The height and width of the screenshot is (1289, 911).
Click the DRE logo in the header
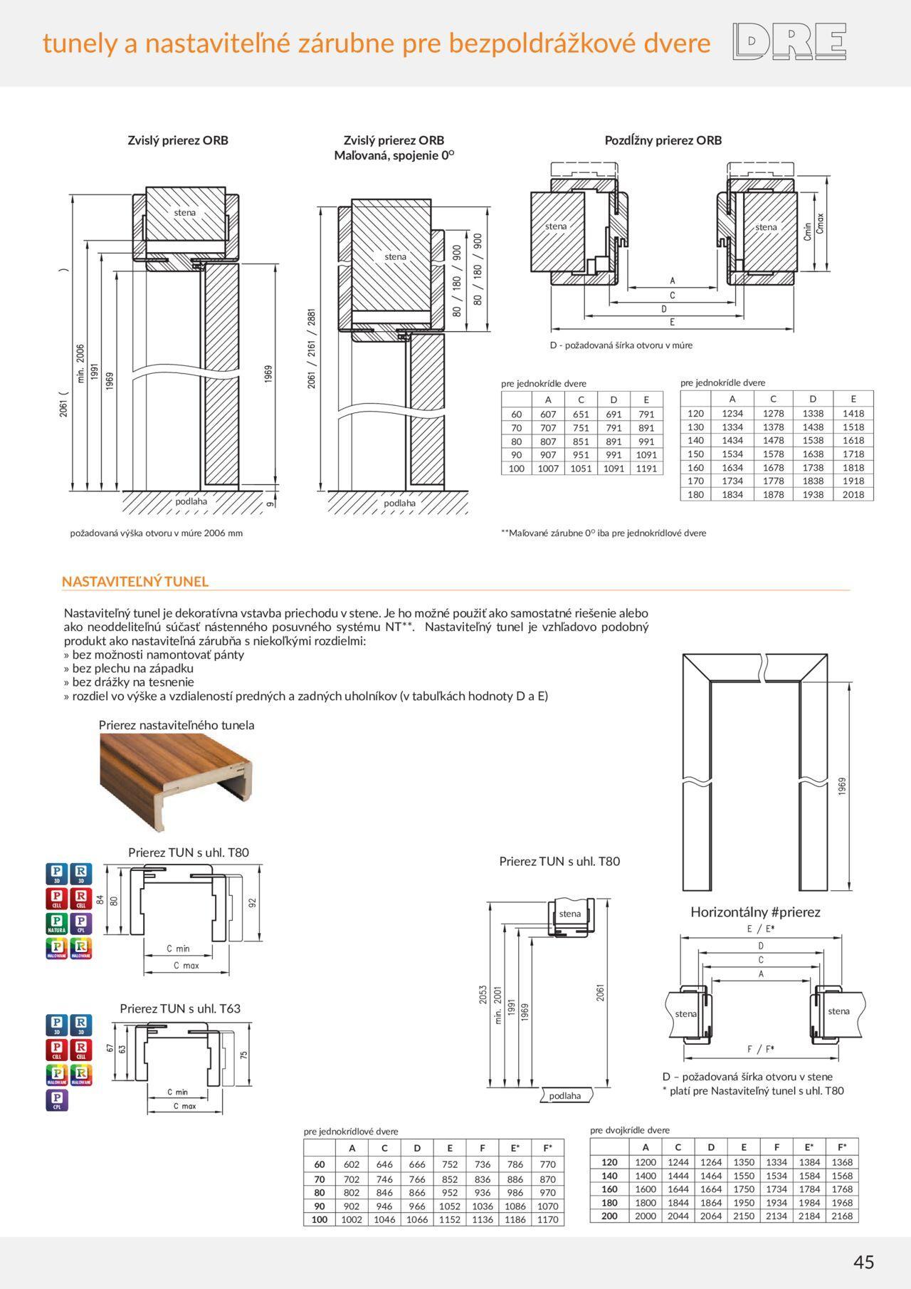[x=789, y=41]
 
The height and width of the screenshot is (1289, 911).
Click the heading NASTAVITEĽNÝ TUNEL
[x=135, y=581]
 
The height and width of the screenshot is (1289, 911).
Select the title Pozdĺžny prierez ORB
[x=663, y=140]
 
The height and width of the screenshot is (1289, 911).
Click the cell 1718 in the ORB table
[x=853, y=454]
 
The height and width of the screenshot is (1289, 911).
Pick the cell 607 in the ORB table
[x=548, y=414]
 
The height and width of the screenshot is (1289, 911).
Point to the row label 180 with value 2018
[x=695, y=494]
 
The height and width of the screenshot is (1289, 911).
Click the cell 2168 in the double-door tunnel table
[x=842, y=1216]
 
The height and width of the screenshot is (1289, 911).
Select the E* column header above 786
[x=515, y=1147]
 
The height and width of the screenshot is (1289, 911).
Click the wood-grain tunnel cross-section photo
[x=176, y=782]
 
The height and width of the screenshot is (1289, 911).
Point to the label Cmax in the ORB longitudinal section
[x=821, y=225]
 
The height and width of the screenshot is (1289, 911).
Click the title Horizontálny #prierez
[x=755, y=912]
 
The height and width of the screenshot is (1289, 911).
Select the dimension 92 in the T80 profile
[x=253, y=902]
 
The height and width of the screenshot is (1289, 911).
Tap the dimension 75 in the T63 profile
[x=244, y=1055]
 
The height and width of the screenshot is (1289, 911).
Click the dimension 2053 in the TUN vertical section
[x=483, y=995]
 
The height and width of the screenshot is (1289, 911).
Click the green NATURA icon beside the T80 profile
[x=57, y=924]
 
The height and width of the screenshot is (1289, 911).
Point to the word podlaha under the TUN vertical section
[x=564, y=1096]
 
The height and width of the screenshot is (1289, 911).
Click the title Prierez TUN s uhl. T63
[x=180, y=1008]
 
